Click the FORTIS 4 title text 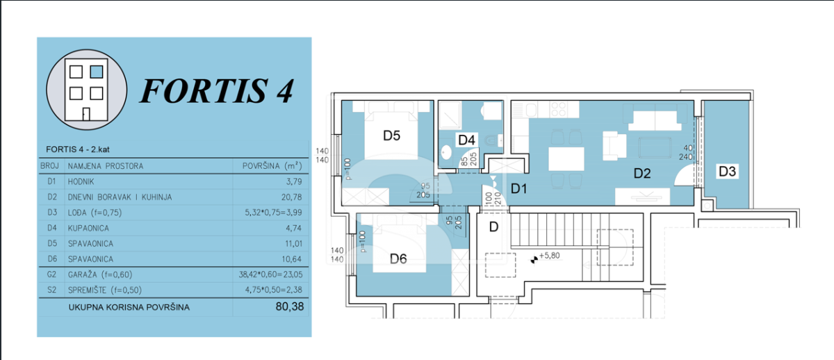pyautogui.click(x=217, y=91)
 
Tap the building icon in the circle pyautogui.click(x=86, y=90)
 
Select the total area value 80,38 pyautogui.click(x=290, y=306)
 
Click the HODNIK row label pyautogui.click(x=81, y=181)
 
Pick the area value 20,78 pyautogui.click(x=291, y=197)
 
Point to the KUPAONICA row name pyautogui.click(x=88, y=228)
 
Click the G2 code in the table pyautogui.click(x=51, y=275)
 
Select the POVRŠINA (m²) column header pyautogui.click(x=272, y=165)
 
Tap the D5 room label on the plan pyautogui.click(x=392, y=136)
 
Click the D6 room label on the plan pyautogui.click(x=398, y=259)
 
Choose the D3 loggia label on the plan pyautogui.click(x=727, y=171)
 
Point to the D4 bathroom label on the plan pyautogui.click(x=466, y=140)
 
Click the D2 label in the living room pyautogui.click(x=642, y=173)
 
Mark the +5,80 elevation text pyautogui.click(x=550, y=256)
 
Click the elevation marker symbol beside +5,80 pyautogui.click(x=534, y=259)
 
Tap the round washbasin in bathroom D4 pyautogui.click(x=446, y=152)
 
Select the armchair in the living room pyautogui.click(x=614, y=146)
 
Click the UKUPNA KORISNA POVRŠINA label pyautogui.click(x=129, y=307)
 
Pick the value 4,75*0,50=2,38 pyautogui.click(x=274, y=290)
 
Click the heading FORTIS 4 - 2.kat pyautogui.click(x=77, y=149)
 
